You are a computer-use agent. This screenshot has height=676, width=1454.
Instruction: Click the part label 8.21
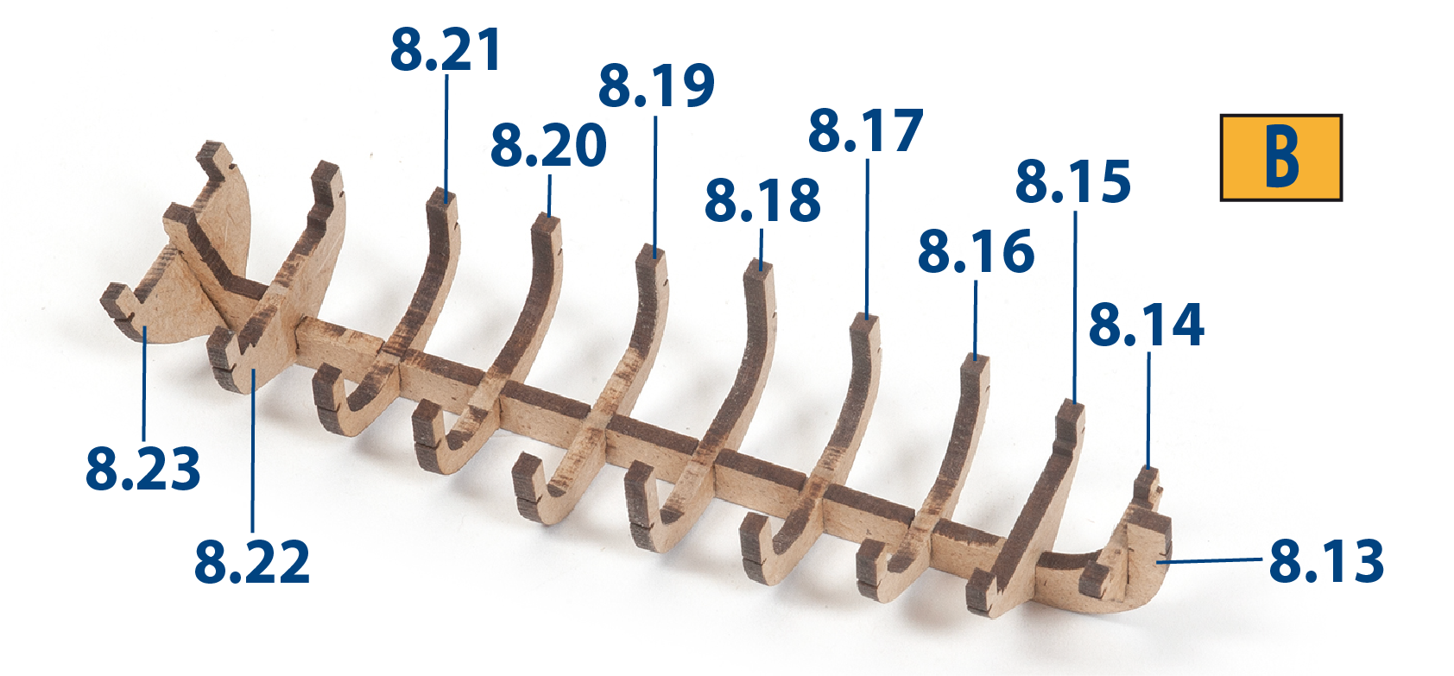[x=446, y=50]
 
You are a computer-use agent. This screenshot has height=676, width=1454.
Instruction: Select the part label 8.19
[x=655, y=85]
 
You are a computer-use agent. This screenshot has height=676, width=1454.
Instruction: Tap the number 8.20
[x=548, y=145]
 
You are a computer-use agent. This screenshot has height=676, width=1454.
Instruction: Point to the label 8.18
[x=762, y=200]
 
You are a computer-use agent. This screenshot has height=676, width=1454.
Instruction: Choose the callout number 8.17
[x=865, y=130]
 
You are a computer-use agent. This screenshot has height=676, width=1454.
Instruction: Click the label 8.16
[x=976, y=250]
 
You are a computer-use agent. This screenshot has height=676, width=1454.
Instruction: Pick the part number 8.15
[x=1073, y=181]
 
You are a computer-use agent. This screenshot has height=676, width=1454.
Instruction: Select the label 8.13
[x=1327, y=560]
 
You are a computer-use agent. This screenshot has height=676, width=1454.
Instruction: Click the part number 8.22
[x=252, y=562]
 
